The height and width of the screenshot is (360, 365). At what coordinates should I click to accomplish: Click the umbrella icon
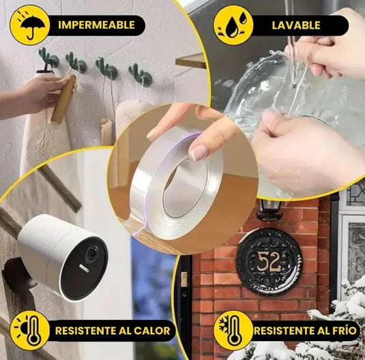30,26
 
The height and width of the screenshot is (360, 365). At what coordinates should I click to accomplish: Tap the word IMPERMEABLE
96,25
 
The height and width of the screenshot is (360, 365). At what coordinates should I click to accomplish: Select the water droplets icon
233,26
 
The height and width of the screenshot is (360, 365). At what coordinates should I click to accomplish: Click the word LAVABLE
296,25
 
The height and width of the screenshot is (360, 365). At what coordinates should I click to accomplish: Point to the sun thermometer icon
30,331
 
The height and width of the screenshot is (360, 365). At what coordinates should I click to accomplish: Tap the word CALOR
151,331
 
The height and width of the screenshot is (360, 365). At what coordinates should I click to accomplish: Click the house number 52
269,262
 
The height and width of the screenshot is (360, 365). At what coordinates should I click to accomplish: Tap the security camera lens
92,254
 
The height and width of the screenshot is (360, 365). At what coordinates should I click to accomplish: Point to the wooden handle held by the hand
63,100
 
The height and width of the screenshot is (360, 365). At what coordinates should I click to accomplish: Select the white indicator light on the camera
84,268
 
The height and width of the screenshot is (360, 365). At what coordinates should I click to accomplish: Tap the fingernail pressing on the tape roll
199,153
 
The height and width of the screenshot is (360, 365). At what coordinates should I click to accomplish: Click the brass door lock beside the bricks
184,280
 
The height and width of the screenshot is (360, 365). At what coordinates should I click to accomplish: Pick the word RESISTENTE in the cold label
285,331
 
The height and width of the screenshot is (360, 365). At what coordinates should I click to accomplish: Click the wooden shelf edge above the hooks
190,61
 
